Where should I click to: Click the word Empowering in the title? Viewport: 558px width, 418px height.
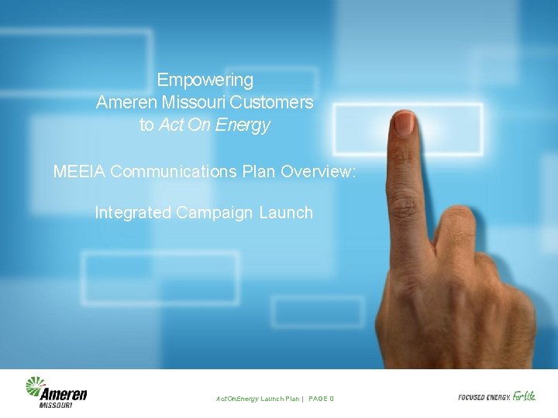tap(205, 80)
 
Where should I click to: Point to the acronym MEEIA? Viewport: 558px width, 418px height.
tap(79, 171)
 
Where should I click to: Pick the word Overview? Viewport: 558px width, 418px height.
tap(317, 171)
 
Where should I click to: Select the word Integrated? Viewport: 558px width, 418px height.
tap(133, 212)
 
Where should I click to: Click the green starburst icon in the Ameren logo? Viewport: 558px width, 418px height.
tap(36, 386)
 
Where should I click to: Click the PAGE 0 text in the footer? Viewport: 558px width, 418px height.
tap(321, 399)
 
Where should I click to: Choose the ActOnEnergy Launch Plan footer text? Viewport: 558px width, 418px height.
tap(257, 399)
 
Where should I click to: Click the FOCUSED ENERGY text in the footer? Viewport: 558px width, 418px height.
tap(484, 397)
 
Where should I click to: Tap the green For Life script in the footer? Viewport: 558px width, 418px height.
tap(524, 396)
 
